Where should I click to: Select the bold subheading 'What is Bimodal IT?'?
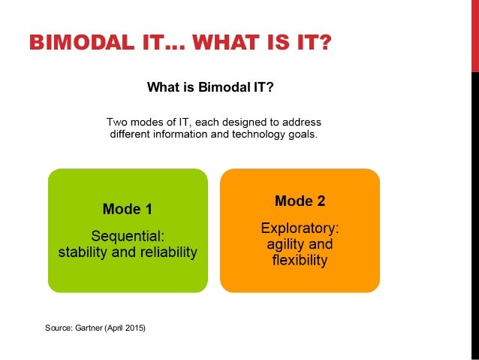(210, 88)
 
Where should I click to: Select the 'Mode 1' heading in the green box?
(127, 210)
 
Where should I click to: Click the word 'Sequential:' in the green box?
(127, 236)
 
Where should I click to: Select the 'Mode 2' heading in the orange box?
(300, 201)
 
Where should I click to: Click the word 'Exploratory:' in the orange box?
(300, 228)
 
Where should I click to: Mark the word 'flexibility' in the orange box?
(300, 261)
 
